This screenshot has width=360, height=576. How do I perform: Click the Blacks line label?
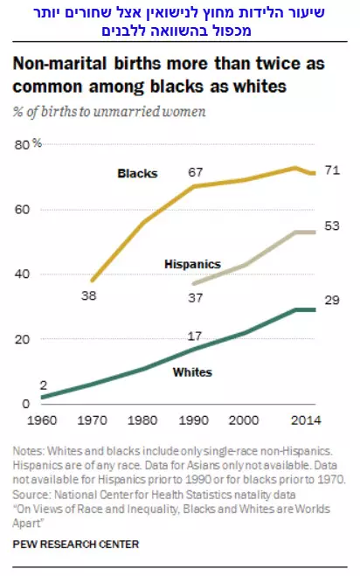click(137, 173)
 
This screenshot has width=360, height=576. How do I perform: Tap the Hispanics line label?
click(192, 264)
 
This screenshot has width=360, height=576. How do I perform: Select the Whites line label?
click(192, 372)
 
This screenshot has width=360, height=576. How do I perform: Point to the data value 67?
click(196, 172)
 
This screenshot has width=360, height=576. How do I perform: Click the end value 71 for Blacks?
click(332, 170)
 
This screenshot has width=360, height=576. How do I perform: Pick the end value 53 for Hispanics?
click(332, 226)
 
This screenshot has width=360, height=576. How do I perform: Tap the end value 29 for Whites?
click(332, 300)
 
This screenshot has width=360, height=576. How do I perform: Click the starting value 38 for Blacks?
click(89, 295)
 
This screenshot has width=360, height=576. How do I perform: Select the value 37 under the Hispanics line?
click(196, 297)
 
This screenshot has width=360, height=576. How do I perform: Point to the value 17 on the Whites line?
click(195, 337)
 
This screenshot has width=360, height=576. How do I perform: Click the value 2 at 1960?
click(44, 385)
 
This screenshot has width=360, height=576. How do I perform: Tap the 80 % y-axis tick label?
click(28, 144)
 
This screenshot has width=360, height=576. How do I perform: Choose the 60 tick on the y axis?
click(22, 210)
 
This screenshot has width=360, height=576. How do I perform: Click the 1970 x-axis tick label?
click(93, 420)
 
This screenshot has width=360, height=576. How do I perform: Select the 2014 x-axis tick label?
click(306, 420)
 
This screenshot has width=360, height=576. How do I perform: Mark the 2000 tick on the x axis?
click(244, 420)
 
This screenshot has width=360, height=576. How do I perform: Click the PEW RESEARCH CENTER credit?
click(76, 544)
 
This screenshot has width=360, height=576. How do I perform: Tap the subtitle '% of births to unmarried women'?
click(109, 112)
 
